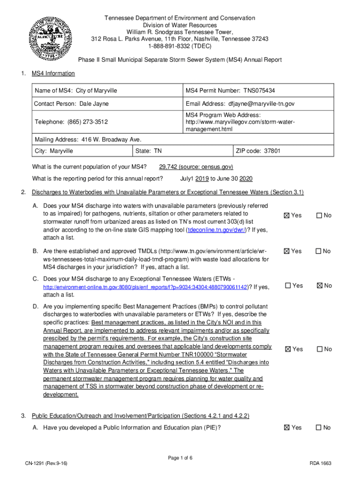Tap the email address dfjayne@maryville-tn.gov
click(261, 103)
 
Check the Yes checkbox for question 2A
click(288, 216)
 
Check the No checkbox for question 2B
click(319, 251)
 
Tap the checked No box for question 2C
click(320, 286)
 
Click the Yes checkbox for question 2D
click(288, 349)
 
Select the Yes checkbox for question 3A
click(288, 428)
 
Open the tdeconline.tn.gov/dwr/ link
click(216, 230)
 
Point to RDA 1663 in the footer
click(320, 463)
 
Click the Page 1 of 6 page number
click(180, 457)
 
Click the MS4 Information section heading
click(53, 73)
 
